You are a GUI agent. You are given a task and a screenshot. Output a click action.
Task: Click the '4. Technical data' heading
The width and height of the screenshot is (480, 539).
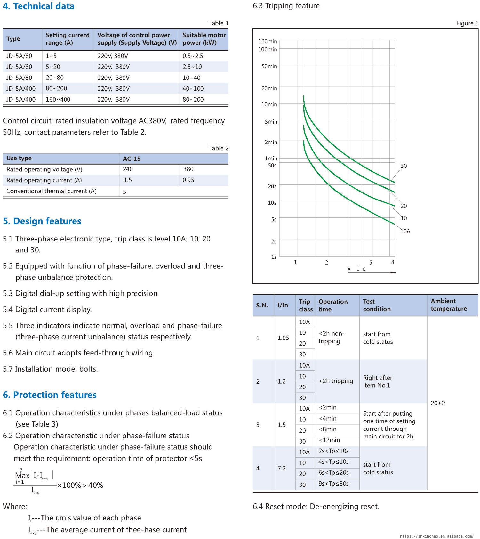click(x=39, y=6)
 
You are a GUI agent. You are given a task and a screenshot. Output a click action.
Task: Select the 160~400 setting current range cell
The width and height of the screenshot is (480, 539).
click(x=58, y=99)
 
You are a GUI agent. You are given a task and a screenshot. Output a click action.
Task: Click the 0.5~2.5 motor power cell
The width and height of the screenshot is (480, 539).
click(x=193, y=56)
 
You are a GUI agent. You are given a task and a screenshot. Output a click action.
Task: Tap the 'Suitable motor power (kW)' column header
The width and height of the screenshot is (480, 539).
click(x=204, y=39)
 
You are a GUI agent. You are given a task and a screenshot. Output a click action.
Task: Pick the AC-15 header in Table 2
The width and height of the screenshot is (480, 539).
click(x=132, y=159)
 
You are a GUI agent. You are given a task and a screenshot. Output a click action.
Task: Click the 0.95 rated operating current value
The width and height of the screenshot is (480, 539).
click(x=188, y=180)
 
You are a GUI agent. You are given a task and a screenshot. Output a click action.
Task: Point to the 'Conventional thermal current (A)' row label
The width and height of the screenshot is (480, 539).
click(x=51, y=191)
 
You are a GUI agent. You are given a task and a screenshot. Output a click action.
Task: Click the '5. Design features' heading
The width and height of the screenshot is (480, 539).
click(x=42, y=221)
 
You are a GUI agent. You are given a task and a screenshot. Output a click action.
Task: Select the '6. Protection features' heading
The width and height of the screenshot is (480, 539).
click(x=50, y=395)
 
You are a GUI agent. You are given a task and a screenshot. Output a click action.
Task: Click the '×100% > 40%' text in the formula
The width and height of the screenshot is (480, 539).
click(x=80, y=485)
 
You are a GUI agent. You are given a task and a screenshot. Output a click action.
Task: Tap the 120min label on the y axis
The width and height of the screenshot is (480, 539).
click(x=268, y=41)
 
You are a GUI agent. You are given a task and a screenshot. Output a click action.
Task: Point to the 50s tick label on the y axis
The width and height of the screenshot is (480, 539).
click(x=272, y=166)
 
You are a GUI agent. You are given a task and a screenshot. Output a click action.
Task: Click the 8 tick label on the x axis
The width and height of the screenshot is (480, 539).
click(x=393, y=262)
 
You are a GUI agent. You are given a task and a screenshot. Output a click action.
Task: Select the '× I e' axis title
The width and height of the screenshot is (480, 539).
click(x=356, y=269)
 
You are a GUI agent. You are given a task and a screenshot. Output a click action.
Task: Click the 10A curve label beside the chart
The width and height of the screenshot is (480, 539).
click(x=405, y=231)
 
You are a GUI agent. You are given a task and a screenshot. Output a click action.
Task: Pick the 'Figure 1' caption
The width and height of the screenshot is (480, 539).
click(x=467, y=23)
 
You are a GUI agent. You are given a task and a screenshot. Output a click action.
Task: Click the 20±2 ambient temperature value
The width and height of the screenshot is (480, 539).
click(x=438, y=403)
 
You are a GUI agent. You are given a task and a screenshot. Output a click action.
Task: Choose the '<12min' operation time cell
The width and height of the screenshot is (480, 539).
click(x=329, y=440)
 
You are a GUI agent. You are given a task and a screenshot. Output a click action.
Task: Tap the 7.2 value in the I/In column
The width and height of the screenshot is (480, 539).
click(x=282, y=468)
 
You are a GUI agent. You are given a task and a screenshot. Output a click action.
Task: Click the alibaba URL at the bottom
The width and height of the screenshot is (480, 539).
click(x=436, y=536)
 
